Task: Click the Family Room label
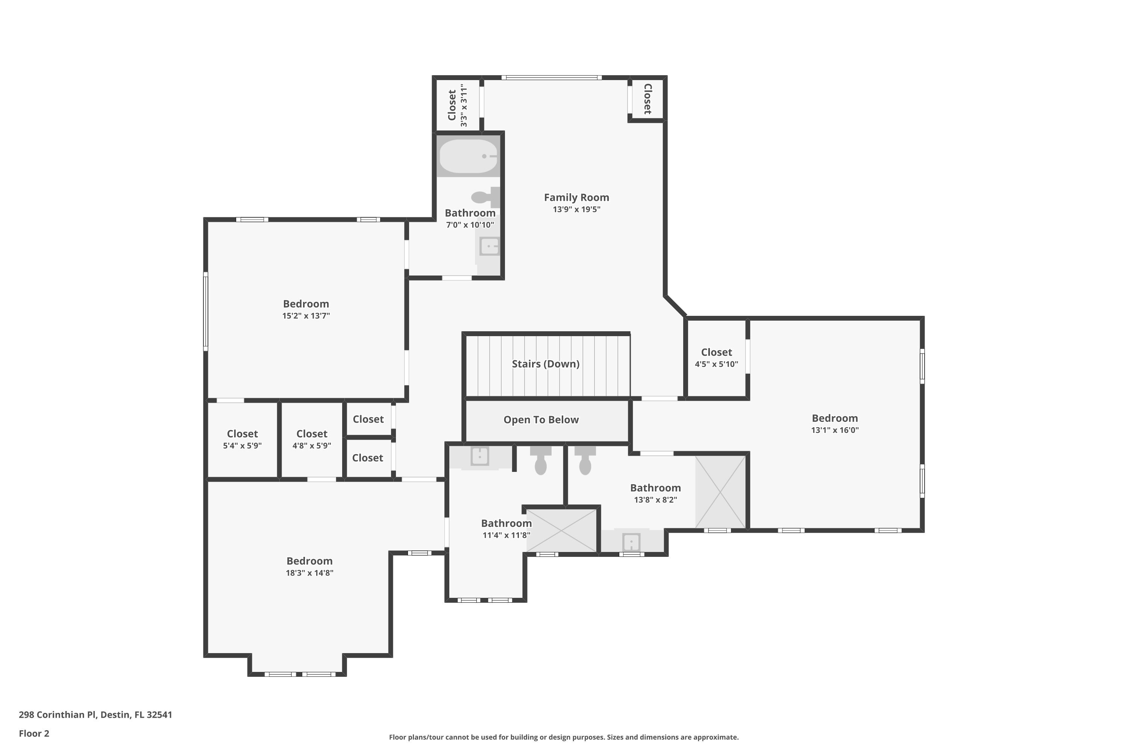576,198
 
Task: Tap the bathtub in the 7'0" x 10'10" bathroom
468,156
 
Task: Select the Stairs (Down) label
545,364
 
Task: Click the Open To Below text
541,420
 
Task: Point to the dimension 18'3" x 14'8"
309,573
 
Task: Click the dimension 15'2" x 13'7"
306,315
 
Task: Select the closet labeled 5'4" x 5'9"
242,439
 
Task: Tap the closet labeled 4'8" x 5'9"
312,439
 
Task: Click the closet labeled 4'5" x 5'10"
716,357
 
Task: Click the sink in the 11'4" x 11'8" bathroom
480,456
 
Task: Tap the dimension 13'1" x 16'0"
834,430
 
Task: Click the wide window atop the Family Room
551,78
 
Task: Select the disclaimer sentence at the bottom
564,737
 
